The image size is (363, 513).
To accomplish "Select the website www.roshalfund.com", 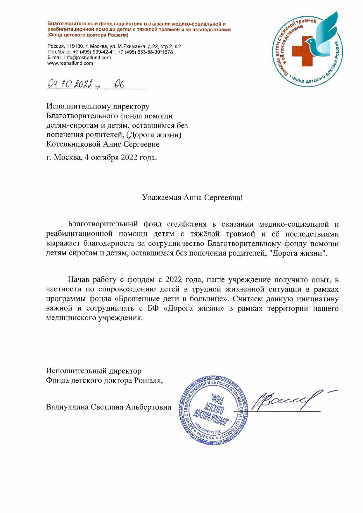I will (x=70, y=63).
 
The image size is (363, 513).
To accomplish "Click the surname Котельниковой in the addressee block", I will (x=74, y=144).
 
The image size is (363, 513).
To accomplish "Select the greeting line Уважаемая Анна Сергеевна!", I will (x=192, y=198).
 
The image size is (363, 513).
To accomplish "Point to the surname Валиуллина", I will (x=67, y=407).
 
